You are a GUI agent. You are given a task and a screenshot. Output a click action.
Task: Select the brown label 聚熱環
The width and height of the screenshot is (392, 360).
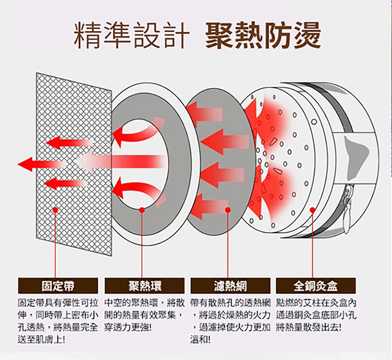coord(144,286)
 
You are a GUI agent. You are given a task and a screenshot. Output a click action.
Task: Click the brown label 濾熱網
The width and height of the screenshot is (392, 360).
coord(230,286)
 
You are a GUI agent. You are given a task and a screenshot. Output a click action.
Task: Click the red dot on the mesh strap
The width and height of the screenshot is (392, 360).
coord(55,210)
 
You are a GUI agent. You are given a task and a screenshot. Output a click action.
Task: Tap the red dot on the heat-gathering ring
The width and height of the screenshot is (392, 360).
coord(142,210)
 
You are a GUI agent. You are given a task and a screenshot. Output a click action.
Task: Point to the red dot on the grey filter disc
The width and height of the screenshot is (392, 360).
coord(228,210)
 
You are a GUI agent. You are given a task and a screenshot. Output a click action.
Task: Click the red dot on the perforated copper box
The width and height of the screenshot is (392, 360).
coord(312,210)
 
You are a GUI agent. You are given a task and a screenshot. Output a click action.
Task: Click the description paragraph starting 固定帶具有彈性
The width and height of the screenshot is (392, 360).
coord(57,321)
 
